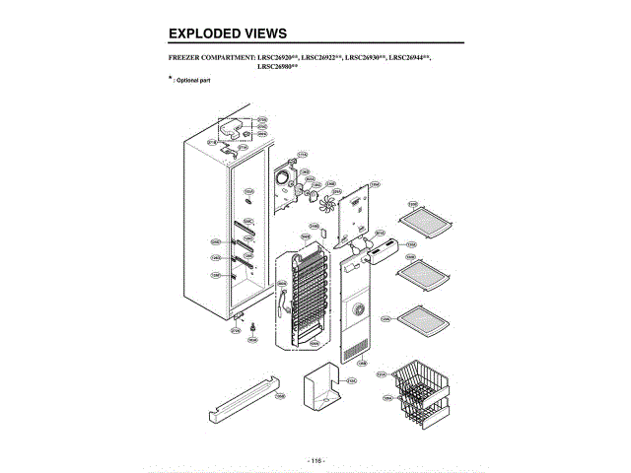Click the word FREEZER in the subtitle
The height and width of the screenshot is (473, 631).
point(188,58)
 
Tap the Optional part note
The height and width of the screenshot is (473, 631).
point(192,79)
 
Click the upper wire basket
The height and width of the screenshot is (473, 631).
point(419,378)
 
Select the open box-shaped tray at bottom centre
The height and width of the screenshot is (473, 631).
point(322,385)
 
